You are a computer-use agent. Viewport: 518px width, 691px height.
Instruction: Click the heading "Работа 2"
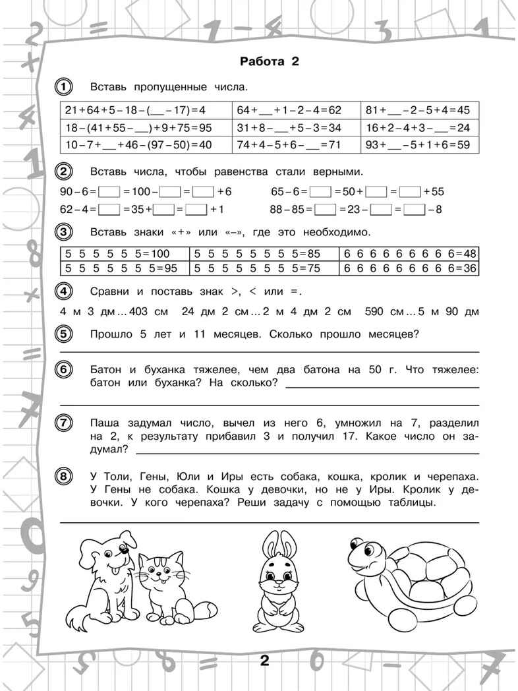pos(269,62)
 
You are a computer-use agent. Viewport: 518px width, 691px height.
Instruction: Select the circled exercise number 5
pos(64,334)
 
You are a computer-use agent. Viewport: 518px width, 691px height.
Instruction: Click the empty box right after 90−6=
pos(109,192)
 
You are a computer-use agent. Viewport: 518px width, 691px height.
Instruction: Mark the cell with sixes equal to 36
pos(409,268)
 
